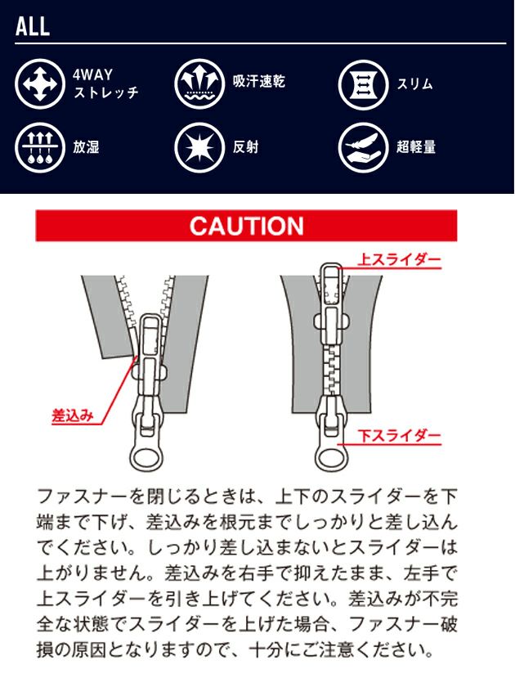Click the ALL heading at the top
[x=33, y=25]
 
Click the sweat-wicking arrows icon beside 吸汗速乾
[x=199, y=83]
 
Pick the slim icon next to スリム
[x=362, y=83]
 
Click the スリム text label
[x=416, y=83]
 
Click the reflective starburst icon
[x=199, y=148]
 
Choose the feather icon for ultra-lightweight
[x=362, y=148]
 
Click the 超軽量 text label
[x=417, y=148]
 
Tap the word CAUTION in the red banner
[x=246, y=226]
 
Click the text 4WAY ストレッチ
[x=105, y=83]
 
